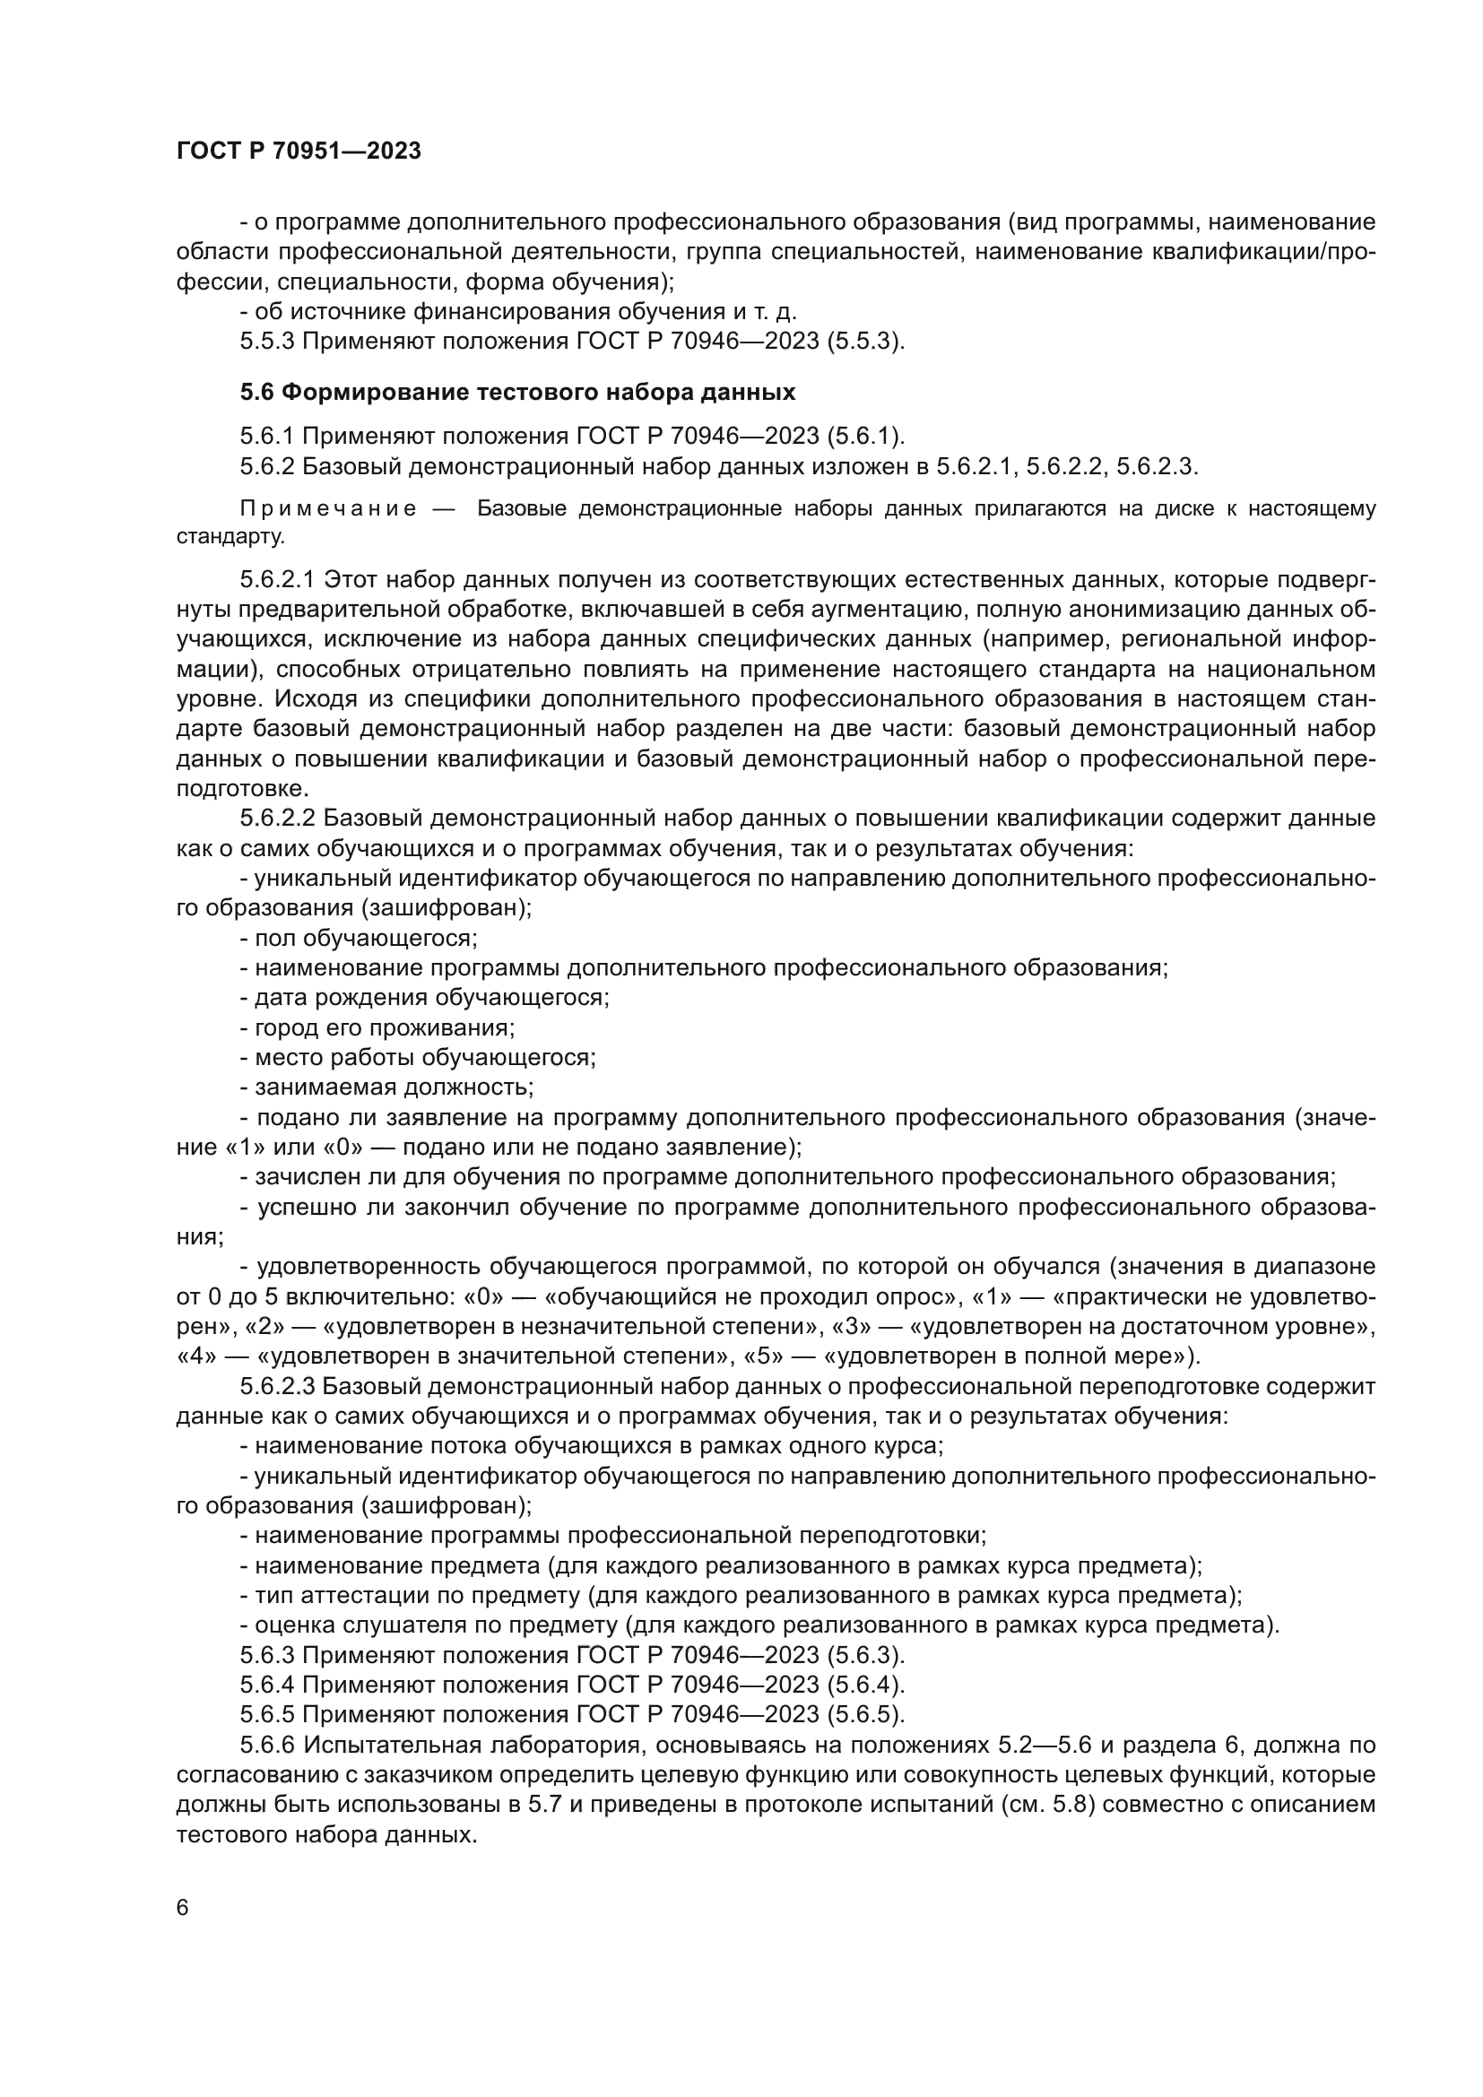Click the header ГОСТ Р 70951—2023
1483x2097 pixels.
pyautogui.click(x=298, y=151)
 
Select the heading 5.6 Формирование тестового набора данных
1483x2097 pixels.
pyautogui.click(x=517, y=392)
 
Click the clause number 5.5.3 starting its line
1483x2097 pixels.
pyautogui.click(x=266, y=342)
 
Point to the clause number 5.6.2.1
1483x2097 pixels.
pyautogui.click(x=278, y=580)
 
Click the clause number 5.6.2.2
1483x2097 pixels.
pyautogui.click(x=278, y=819)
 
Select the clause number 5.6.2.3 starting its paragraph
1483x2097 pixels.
pyautogui.click(x=278, y=1386)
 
